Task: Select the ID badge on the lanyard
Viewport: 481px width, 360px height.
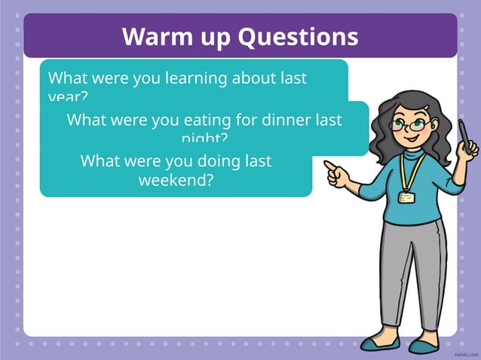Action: (x=406, y=197)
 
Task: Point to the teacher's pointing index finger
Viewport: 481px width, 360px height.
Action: (x=331, y=165)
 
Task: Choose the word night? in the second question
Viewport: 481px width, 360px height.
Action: (x=204, y=139)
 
